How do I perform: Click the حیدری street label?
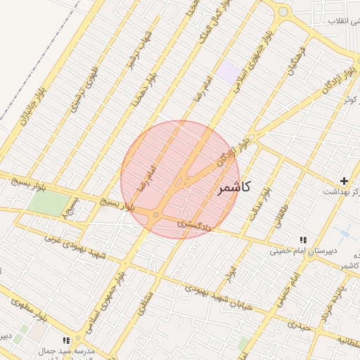click(298, 326)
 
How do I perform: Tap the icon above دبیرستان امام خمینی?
click(304, 240)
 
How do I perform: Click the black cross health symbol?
click(344, 181)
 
